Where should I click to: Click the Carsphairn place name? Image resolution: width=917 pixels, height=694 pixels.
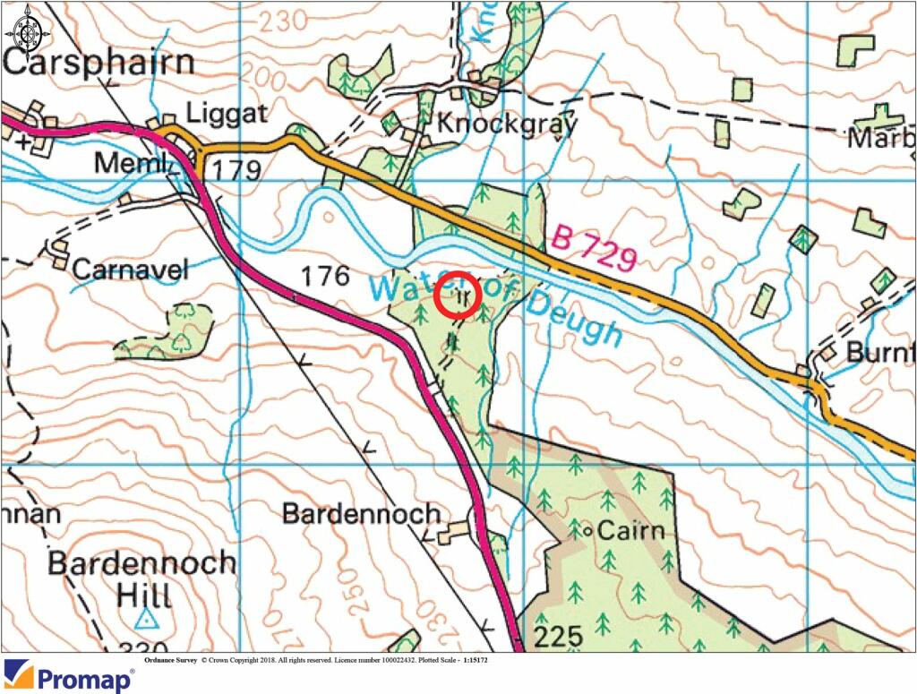(x=99, y=64)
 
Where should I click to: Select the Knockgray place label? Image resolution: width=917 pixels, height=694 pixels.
(x=506, y=124)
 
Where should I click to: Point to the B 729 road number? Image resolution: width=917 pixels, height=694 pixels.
(x=596, y=249)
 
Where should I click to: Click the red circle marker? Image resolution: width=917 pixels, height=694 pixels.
(x=458, y=295)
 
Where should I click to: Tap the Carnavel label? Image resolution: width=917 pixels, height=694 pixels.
(x=131, y=269)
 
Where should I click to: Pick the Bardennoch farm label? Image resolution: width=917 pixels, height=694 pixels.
(x=361, y=513)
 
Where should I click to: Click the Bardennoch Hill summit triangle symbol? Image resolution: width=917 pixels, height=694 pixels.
(x=146, y=618)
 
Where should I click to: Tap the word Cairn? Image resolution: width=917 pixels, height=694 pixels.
(x=630, y=531)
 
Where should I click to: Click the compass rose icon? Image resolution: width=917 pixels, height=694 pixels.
(x=28, y=28)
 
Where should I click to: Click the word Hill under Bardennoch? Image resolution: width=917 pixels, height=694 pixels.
(x=145, y=595)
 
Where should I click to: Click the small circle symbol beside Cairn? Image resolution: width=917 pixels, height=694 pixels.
(x=587, y=532)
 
